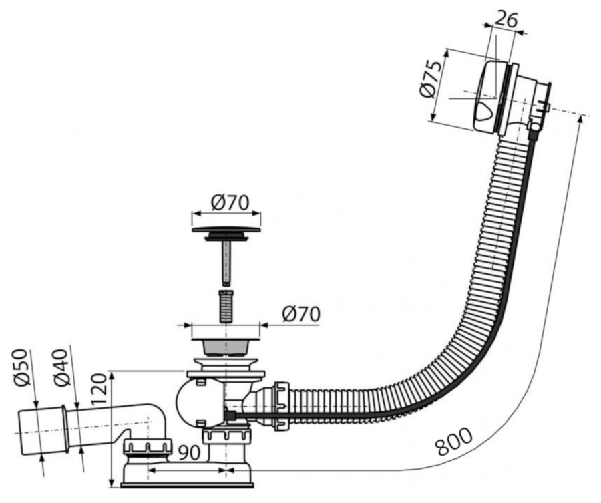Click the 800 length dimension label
(x=454, y=442)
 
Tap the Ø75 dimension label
(x=429, y=79)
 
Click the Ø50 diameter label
(x=21, y=367)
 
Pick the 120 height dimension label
(x=99, y=389)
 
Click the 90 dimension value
(x=190, y=452)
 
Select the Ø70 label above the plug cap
(x=230, y=202)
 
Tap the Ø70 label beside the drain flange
(x=301, y=315)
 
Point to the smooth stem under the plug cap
(x=226, y=263)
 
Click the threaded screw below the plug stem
(x=226, y=307)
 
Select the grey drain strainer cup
(x=226, y=347)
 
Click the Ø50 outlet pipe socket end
(x=43, y=432)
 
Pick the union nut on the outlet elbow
(x=148, y=449)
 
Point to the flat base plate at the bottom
(x=187, y=486)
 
